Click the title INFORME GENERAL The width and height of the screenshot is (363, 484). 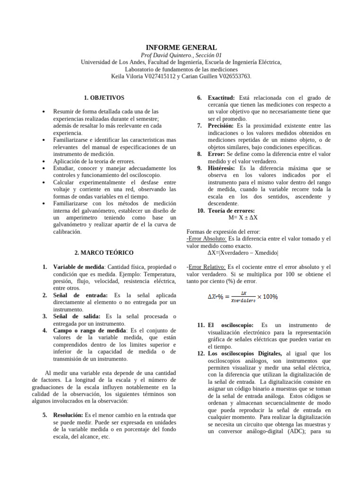[181, 47]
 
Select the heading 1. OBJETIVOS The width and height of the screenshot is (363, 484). [104, 98]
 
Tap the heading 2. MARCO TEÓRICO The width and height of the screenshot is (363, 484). [104, 253]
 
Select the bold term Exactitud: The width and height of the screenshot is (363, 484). [221, 97]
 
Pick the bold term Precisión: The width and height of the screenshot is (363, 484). [221, 126]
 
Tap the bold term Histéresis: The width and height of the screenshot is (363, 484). [222, 168]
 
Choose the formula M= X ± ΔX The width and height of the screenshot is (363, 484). [242, 217]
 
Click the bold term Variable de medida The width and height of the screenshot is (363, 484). [77, 267]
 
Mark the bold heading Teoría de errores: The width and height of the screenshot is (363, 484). [231, 210]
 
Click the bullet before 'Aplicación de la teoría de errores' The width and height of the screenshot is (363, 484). [43, 161]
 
